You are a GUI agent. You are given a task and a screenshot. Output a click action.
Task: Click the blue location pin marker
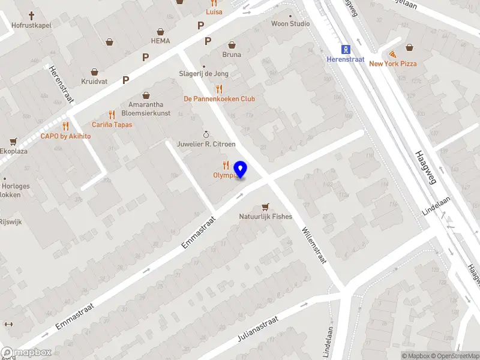pyautogui.click(x=241, y=170)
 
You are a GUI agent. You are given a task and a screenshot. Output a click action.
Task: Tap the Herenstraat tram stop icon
pyautogui.click(x=345, y=49)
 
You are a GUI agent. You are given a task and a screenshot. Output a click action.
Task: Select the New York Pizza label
pyautogui.click(x=392, y=64)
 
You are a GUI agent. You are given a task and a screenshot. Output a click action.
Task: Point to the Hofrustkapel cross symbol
pyautogui.click(x=31, y=16)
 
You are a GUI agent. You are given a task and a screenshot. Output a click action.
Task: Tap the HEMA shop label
pyautogui.click(x=160, y=41)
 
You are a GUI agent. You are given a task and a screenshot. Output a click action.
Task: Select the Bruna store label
pyautogui.click(x=232, y=55)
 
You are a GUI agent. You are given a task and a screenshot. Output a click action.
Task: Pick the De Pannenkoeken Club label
pyautogui.click(x=220, y=99)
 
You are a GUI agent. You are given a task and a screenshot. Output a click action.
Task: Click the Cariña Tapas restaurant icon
pyautogui.click(x=112, y=115)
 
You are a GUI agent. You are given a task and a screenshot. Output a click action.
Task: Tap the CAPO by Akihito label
pyautogui.click(x=65, y=136)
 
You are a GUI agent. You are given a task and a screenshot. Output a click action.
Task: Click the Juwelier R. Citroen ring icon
pyautogui.click(x=206, y=134)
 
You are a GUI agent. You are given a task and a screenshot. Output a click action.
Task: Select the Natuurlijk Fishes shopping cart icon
pyautogui.click(x=265, y=206)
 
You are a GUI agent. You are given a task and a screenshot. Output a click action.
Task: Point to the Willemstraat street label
pyautogui.click(x=313, y=245)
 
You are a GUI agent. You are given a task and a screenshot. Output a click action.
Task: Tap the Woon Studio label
pyautogui.click(x=290, y=24)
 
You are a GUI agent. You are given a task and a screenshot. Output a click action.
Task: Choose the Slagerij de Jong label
pyautogui.click(x=203, y=74)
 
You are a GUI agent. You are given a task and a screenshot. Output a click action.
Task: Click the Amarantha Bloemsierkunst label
pyautogui.click(x=146, y=109)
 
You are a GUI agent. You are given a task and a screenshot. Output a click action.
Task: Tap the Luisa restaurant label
pyautogui.click(x=214, y=11)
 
